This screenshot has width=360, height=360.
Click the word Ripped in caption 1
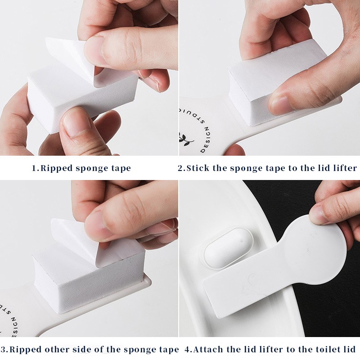coord(56,168)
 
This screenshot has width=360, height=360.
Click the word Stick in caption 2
coord(198,168)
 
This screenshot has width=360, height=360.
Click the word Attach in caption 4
coord(208,350)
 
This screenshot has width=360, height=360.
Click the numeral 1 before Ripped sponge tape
coord(35,168)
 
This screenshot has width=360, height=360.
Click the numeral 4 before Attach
coord(188,350)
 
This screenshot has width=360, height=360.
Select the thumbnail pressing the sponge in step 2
coord(279,104)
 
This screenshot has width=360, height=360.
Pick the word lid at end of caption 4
coord(350,350)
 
